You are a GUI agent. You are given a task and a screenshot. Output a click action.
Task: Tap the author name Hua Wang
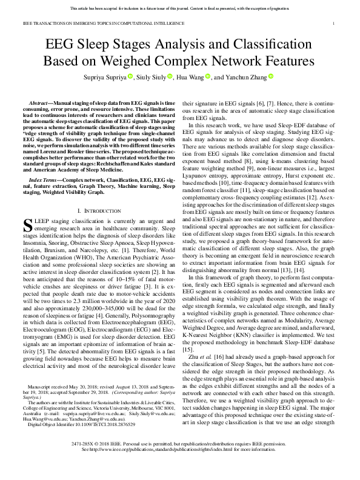coord(190,77)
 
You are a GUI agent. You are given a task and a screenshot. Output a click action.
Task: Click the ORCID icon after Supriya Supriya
coord(130,76)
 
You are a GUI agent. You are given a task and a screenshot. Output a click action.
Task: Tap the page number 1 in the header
coord(334,24)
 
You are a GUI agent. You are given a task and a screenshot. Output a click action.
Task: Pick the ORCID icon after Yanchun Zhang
coord(271,76)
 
